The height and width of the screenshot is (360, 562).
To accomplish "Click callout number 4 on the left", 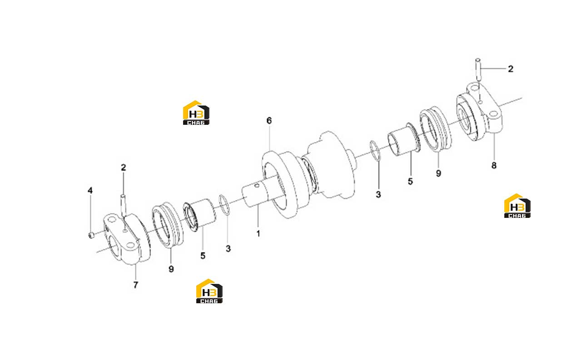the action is tap(90, 191).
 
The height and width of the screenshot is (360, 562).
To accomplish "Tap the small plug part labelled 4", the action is tap(91, 235).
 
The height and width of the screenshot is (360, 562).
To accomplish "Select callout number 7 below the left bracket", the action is tap(136, 285).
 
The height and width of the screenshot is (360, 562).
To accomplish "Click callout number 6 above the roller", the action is tap(269, 121).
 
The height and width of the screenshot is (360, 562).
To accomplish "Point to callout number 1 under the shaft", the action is tap(258, 234).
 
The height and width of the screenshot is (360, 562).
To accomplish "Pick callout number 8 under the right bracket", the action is tap(494, 165).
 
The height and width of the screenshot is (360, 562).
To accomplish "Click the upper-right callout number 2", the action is tap(511, 69).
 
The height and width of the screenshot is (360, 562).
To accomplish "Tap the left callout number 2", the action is tap(123, 168).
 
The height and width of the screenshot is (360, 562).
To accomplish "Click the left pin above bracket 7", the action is tap(123, 206).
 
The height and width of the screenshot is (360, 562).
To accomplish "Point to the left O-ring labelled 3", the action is tap(224, 205).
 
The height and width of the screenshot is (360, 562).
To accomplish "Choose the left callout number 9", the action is tap(171, 269).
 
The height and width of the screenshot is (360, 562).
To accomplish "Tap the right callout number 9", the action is tap(438, 173).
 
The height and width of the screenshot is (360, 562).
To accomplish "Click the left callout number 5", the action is tap(203, 256).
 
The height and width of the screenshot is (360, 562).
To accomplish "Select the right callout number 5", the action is tap(410, 182).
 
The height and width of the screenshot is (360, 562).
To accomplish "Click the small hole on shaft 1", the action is tap(256, 186).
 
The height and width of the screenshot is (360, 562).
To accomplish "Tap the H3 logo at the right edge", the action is tap(517, 206).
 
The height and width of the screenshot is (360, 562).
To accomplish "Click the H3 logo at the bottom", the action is tap(209, 291).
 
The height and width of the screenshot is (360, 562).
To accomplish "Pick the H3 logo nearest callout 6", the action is tap(196, 113).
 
